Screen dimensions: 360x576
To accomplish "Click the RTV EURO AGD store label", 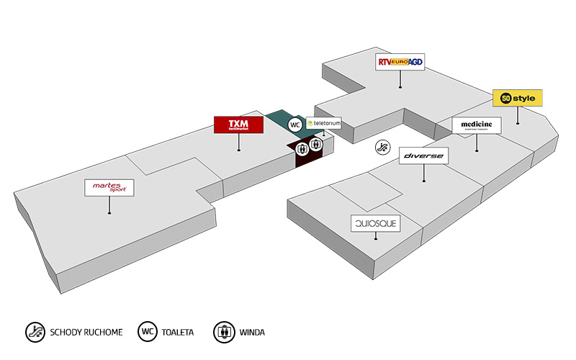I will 400,63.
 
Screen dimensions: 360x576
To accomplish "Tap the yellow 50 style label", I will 517,98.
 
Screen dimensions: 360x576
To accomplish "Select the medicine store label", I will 477,125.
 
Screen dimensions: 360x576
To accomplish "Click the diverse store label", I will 423,155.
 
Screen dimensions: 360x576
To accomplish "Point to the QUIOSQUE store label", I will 374,224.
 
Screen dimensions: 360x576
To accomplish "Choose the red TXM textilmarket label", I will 238,125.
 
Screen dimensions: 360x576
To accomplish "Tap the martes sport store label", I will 109,187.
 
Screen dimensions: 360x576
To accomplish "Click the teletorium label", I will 323,123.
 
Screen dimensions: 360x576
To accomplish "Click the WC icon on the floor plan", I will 294,125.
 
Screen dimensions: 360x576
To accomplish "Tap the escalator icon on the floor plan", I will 382,148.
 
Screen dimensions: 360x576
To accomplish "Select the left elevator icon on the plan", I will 302,148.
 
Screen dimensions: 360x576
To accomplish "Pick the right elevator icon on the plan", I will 315,145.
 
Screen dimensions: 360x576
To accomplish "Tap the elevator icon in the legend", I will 225,332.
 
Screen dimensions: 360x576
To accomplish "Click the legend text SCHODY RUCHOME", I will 86,333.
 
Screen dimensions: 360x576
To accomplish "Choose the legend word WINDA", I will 253,333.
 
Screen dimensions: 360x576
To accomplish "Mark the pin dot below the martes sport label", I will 109,213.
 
